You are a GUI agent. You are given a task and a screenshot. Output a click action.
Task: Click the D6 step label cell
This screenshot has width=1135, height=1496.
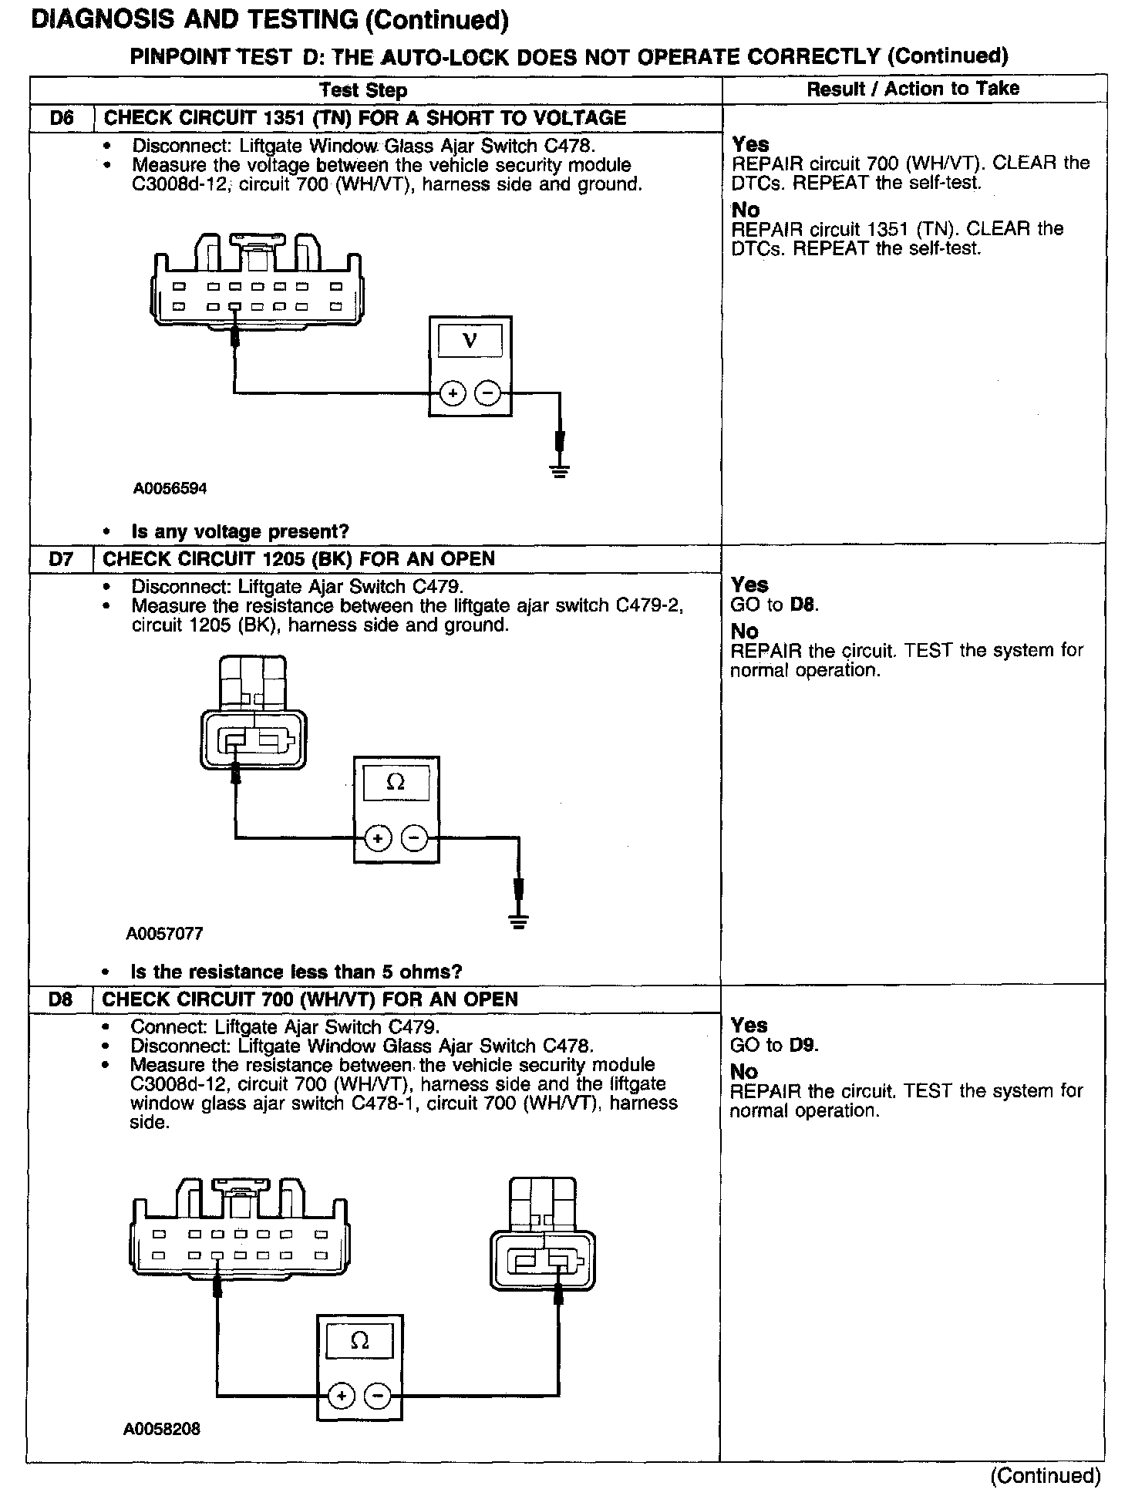(x=62, y=118)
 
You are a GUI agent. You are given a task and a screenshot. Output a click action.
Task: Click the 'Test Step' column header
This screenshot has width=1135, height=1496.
(x=363, y=90)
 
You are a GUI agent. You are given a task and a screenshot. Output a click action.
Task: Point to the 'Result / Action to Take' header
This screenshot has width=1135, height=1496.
(x=913, y=89)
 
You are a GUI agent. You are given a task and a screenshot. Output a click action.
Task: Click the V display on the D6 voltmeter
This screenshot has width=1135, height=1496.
(x=470, y=339)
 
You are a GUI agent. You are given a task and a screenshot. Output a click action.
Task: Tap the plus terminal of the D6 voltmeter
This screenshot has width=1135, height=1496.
(x=453, y=394)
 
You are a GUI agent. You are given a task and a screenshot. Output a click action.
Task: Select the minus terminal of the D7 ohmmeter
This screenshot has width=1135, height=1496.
(x=415, y=837)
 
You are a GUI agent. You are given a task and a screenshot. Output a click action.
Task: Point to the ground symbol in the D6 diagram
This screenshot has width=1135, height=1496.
(x=561, y=470)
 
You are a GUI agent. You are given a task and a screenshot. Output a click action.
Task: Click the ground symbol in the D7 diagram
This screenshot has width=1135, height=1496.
(x=519, y=919)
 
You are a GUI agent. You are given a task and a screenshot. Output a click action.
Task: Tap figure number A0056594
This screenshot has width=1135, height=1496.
(x=170, y=489)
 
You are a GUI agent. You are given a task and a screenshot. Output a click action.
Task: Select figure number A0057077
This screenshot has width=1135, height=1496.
(x=165, y=934)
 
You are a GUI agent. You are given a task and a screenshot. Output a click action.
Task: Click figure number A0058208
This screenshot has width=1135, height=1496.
(x=162, y=1429)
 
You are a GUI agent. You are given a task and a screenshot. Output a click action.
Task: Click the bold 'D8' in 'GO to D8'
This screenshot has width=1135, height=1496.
(x=804, y=605)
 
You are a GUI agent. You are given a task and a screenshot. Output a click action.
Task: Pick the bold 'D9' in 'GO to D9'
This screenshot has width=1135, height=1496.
(x=804, y=1046)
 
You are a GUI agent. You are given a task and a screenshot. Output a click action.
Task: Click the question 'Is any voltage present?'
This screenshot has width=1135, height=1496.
(x=240, y=531)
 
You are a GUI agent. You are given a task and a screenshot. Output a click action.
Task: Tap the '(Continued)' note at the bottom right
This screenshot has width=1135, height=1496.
(x=1046, y=1476)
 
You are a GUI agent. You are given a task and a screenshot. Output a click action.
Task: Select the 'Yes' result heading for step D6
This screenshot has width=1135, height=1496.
(x=750, y=144)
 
